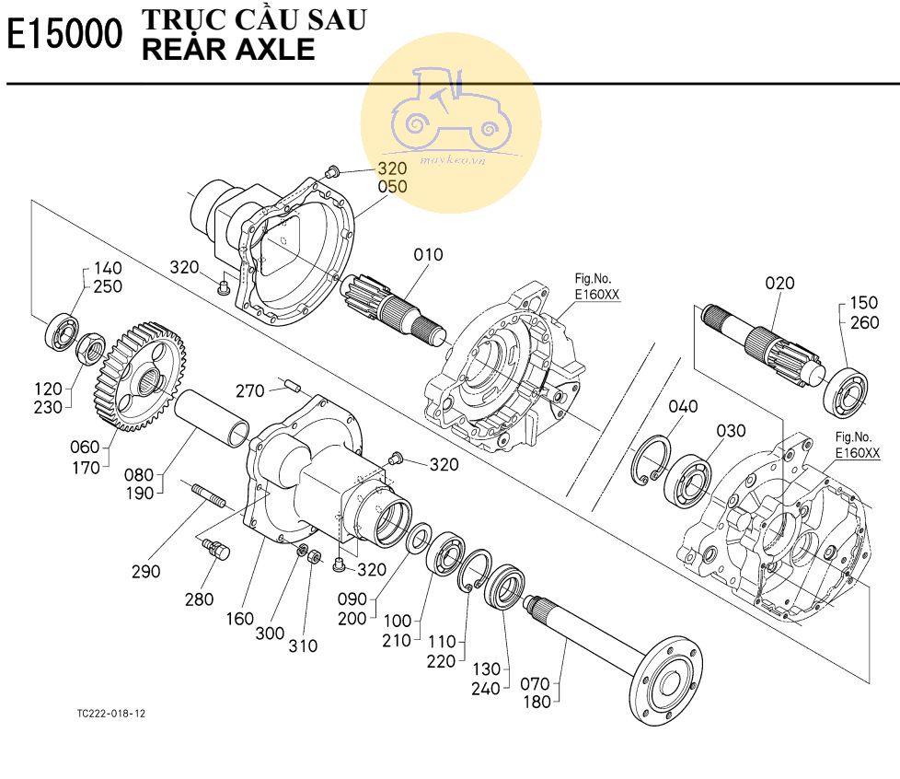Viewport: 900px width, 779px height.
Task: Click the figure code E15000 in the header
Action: coord(64,34)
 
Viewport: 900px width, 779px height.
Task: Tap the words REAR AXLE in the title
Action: coord(228,49)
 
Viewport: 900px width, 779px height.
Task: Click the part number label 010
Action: coord(428,254)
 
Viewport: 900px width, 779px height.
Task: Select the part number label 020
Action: coord(779,283)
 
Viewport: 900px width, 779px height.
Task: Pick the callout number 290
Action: coord(145,571)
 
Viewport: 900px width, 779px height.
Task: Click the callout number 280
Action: coord(199,599)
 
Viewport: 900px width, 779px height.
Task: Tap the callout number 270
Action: coord(249,391)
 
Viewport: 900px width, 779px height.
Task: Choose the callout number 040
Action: coord(683,406)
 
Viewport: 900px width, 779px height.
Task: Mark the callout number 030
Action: coord(731,430)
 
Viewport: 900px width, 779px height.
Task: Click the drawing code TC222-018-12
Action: coord(111,714)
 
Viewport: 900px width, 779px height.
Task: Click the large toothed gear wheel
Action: coord(139,378)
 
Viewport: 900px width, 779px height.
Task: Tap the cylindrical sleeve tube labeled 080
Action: coord(212,418)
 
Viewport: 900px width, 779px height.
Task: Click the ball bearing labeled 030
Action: coord(687,481)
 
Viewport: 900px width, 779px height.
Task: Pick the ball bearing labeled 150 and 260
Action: coord(846,393)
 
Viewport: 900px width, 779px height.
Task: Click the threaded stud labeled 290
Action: coord(208,495)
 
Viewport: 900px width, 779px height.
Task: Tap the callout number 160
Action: coord(240,619)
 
